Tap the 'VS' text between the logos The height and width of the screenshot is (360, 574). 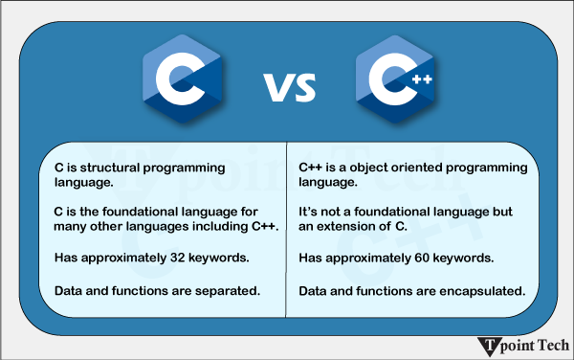(289, 89)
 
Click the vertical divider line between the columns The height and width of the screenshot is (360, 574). (288, 230)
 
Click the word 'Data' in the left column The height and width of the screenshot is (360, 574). (68, 290)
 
